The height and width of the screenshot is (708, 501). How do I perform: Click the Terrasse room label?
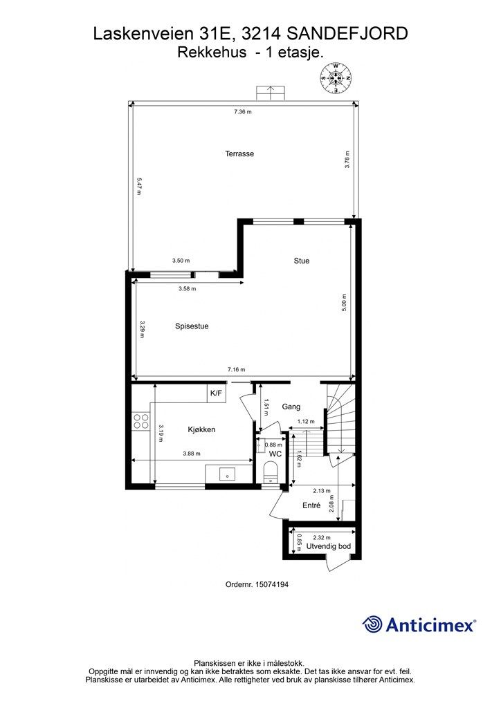239,153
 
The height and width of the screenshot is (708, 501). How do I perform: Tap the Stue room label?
301,261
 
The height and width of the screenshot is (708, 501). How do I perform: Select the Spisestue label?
192,326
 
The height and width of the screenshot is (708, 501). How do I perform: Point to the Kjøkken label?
201,429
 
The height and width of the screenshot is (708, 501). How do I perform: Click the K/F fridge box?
217,393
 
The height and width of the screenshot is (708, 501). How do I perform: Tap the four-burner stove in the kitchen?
140,421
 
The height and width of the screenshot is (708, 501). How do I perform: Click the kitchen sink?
227,474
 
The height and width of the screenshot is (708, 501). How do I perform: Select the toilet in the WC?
271,472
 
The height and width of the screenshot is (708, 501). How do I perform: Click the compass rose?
336,78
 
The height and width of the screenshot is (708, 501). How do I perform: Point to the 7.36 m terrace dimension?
243,111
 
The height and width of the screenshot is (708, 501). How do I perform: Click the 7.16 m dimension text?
236,369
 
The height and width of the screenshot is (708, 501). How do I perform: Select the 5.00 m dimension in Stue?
344,303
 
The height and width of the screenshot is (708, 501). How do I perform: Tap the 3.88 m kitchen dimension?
192,454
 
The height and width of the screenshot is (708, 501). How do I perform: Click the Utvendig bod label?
329,546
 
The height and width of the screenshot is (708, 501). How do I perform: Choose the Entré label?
311,505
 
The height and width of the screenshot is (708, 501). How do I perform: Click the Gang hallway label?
291,407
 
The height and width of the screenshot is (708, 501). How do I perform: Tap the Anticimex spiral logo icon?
372,624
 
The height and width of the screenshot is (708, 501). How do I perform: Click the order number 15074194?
272,584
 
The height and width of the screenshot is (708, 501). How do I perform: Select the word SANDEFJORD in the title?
347,34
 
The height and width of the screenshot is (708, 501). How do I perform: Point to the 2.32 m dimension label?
322,537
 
